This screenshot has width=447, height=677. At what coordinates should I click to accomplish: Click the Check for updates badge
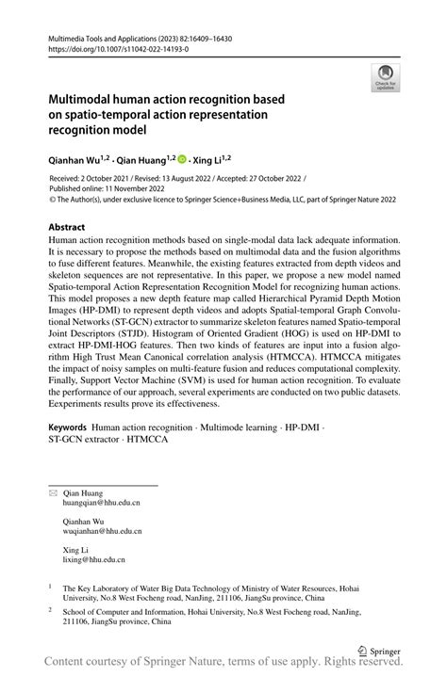click(x=384, y=77)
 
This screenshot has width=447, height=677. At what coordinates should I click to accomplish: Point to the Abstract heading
click(x=68, y=228)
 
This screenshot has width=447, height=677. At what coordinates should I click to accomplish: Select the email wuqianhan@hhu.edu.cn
click(x=104, y=531)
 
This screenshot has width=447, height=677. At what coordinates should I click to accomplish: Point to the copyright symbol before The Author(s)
click(x=53, y=200)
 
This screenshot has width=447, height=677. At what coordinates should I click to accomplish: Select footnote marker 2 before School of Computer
click(x=50, y=609)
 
